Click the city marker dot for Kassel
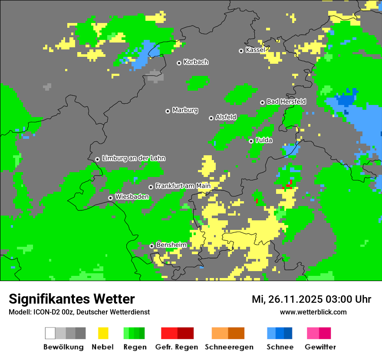241,51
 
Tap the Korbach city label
196,62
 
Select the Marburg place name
185,110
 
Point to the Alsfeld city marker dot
211,118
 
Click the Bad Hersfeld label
286,101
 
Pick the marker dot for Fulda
251,141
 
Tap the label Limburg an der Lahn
133,158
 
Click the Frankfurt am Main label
183,186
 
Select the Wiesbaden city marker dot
111,198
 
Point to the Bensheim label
171,245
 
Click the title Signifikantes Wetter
72,299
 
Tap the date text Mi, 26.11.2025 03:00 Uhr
311,299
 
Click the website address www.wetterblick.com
313,312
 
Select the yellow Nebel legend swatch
103,333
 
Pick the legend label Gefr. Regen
177,347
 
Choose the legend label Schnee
280,347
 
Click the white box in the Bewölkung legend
50,333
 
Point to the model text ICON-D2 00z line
79,312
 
